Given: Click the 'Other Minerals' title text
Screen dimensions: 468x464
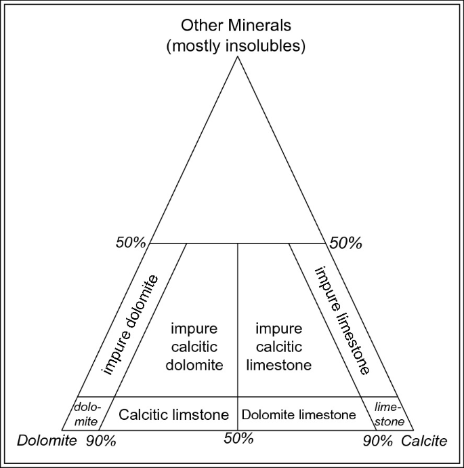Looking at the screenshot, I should pos(235,26).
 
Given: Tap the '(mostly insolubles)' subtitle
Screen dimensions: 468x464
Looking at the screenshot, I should pos(235,47).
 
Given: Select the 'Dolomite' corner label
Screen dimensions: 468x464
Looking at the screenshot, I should pos(46,442).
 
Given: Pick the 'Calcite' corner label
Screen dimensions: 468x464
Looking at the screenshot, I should pos(424,442).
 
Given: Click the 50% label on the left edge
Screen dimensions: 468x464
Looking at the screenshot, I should pos(130,243).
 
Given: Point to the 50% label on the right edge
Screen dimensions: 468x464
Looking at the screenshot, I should pos(345,243).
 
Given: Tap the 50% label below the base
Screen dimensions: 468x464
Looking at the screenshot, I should pos(238,438).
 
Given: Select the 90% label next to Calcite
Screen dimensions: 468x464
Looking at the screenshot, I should pos(377,442).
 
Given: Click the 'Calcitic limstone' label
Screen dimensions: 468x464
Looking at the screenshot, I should pos(174,414).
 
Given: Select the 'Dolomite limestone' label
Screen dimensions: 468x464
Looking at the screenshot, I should pos(299,414).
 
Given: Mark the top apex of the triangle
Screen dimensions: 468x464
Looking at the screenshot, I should pos(237,56).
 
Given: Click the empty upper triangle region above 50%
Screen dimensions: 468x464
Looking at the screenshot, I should pos(237,176).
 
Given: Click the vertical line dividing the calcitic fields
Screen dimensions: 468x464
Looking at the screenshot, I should pos(237,319).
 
